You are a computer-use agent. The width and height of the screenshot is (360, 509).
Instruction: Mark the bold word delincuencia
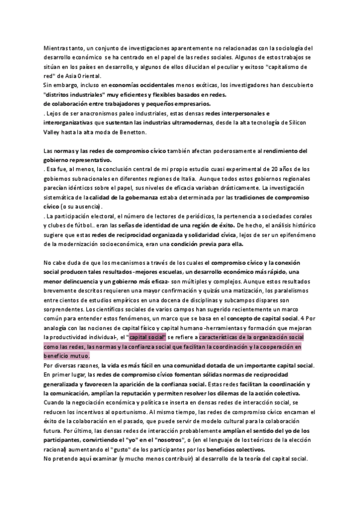click(83, 282)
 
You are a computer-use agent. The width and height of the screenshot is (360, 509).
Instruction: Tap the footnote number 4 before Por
click(302, 319)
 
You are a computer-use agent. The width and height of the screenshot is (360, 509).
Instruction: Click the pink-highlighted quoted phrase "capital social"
click(146, 338)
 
